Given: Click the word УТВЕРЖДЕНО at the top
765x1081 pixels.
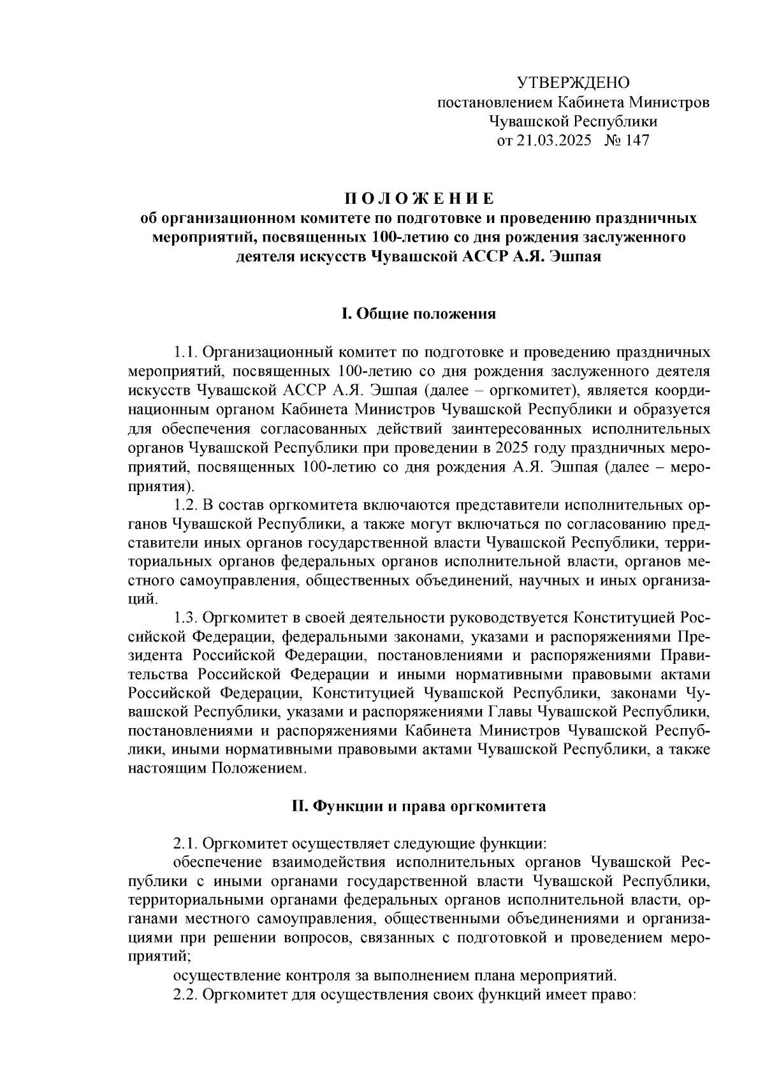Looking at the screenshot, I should [572, 83].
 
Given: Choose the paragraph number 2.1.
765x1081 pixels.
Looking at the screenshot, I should [186, 844].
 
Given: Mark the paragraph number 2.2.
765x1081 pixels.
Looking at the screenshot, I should [186, 996].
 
